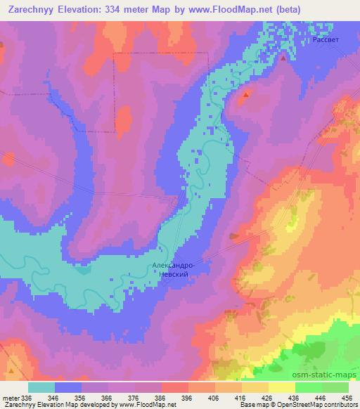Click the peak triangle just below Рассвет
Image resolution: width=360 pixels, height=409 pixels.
pyautogui.click(x=283, y=58)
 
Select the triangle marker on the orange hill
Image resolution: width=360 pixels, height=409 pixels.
pyautogui.click(x=246, y=93)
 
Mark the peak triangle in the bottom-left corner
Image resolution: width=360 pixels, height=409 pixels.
pyautogui.click(x=11, y=369)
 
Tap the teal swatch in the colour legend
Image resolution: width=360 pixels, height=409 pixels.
pyautogui.click(x=41, y=387)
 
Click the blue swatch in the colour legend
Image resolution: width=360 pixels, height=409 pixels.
pyautogui.click(x=68, y=387)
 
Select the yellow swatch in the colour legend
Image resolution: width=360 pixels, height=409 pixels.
pyautogui.click(x=282, y=387)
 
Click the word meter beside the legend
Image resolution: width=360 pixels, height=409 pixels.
pyautogui.click(x=10, y=398)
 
